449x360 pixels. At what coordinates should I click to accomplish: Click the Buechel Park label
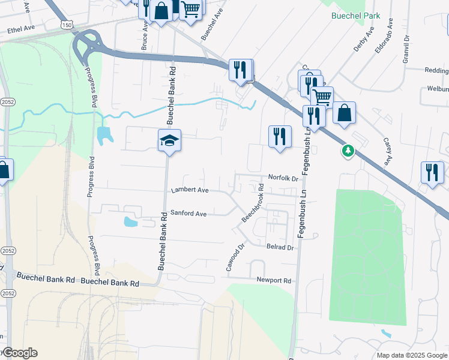[x=355, y=16]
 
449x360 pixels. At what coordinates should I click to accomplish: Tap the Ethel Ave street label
[x=22, y=28]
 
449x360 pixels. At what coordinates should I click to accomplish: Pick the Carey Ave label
[x=387, y=151]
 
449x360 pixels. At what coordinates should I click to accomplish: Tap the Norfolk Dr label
[x=283, y=178]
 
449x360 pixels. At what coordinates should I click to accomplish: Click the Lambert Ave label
[x=190, y=190]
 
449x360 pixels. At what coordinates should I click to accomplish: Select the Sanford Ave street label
[x=188, y=213]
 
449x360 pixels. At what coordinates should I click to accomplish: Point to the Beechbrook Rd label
[x=253, y=204]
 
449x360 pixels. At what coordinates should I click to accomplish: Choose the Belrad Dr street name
[x=280, y=247]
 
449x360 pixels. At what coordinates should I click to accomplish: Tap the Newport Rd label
[x=274, y=280]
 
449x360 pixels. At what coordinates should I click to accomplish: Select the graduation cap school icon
[x=169, y=141]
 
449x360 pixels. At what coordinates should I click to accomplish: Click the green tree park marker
[x=348, y=150]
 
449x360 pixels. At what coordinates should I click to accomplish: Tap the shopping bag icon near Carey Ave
[x=344, y=113]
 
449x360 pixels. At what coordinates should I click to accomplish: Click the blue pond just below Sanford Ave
[x=130, y=222]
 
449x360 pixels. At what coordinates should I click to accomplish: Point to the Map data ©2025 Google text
[x=411, y=355]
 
